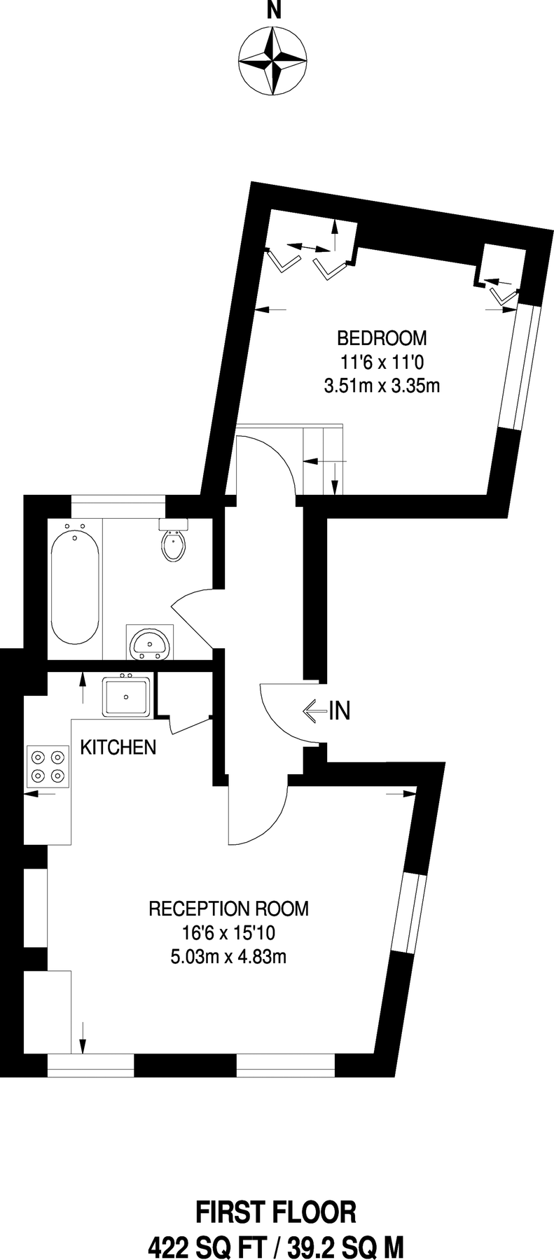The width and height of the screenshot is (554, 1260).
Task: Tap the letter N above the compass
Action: pos(274,10)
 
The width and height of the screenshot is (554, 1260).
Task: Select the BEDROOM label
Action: pos(382,339)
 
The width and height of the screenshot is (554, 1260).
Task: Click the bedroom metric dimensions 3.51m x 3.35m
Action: pos(382,385)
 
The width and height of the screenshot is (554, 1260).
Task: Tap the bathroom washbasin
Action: pos(149,643)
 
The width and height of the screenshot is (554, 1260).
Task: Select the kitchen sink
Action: pos(126,696)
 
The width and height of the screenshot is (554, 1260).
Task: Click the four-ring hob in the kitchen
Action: pos(48,766)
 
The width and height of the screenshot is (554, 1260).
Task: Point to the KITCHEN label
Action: pos(118,748)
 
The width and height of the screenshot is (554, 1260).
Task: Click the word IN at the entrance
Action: pos(339,711)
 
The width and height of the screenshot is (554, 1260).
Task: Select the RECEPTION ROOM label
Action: pos(228,909)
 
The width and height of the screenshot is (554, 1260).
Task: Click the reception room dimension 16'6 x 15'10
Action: pos(228,932)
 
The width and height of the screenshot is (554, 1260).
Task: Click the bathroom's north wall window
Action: pos(118,499)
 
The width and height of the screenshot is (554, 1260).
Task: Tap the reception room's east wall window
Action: pos(409,913)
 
